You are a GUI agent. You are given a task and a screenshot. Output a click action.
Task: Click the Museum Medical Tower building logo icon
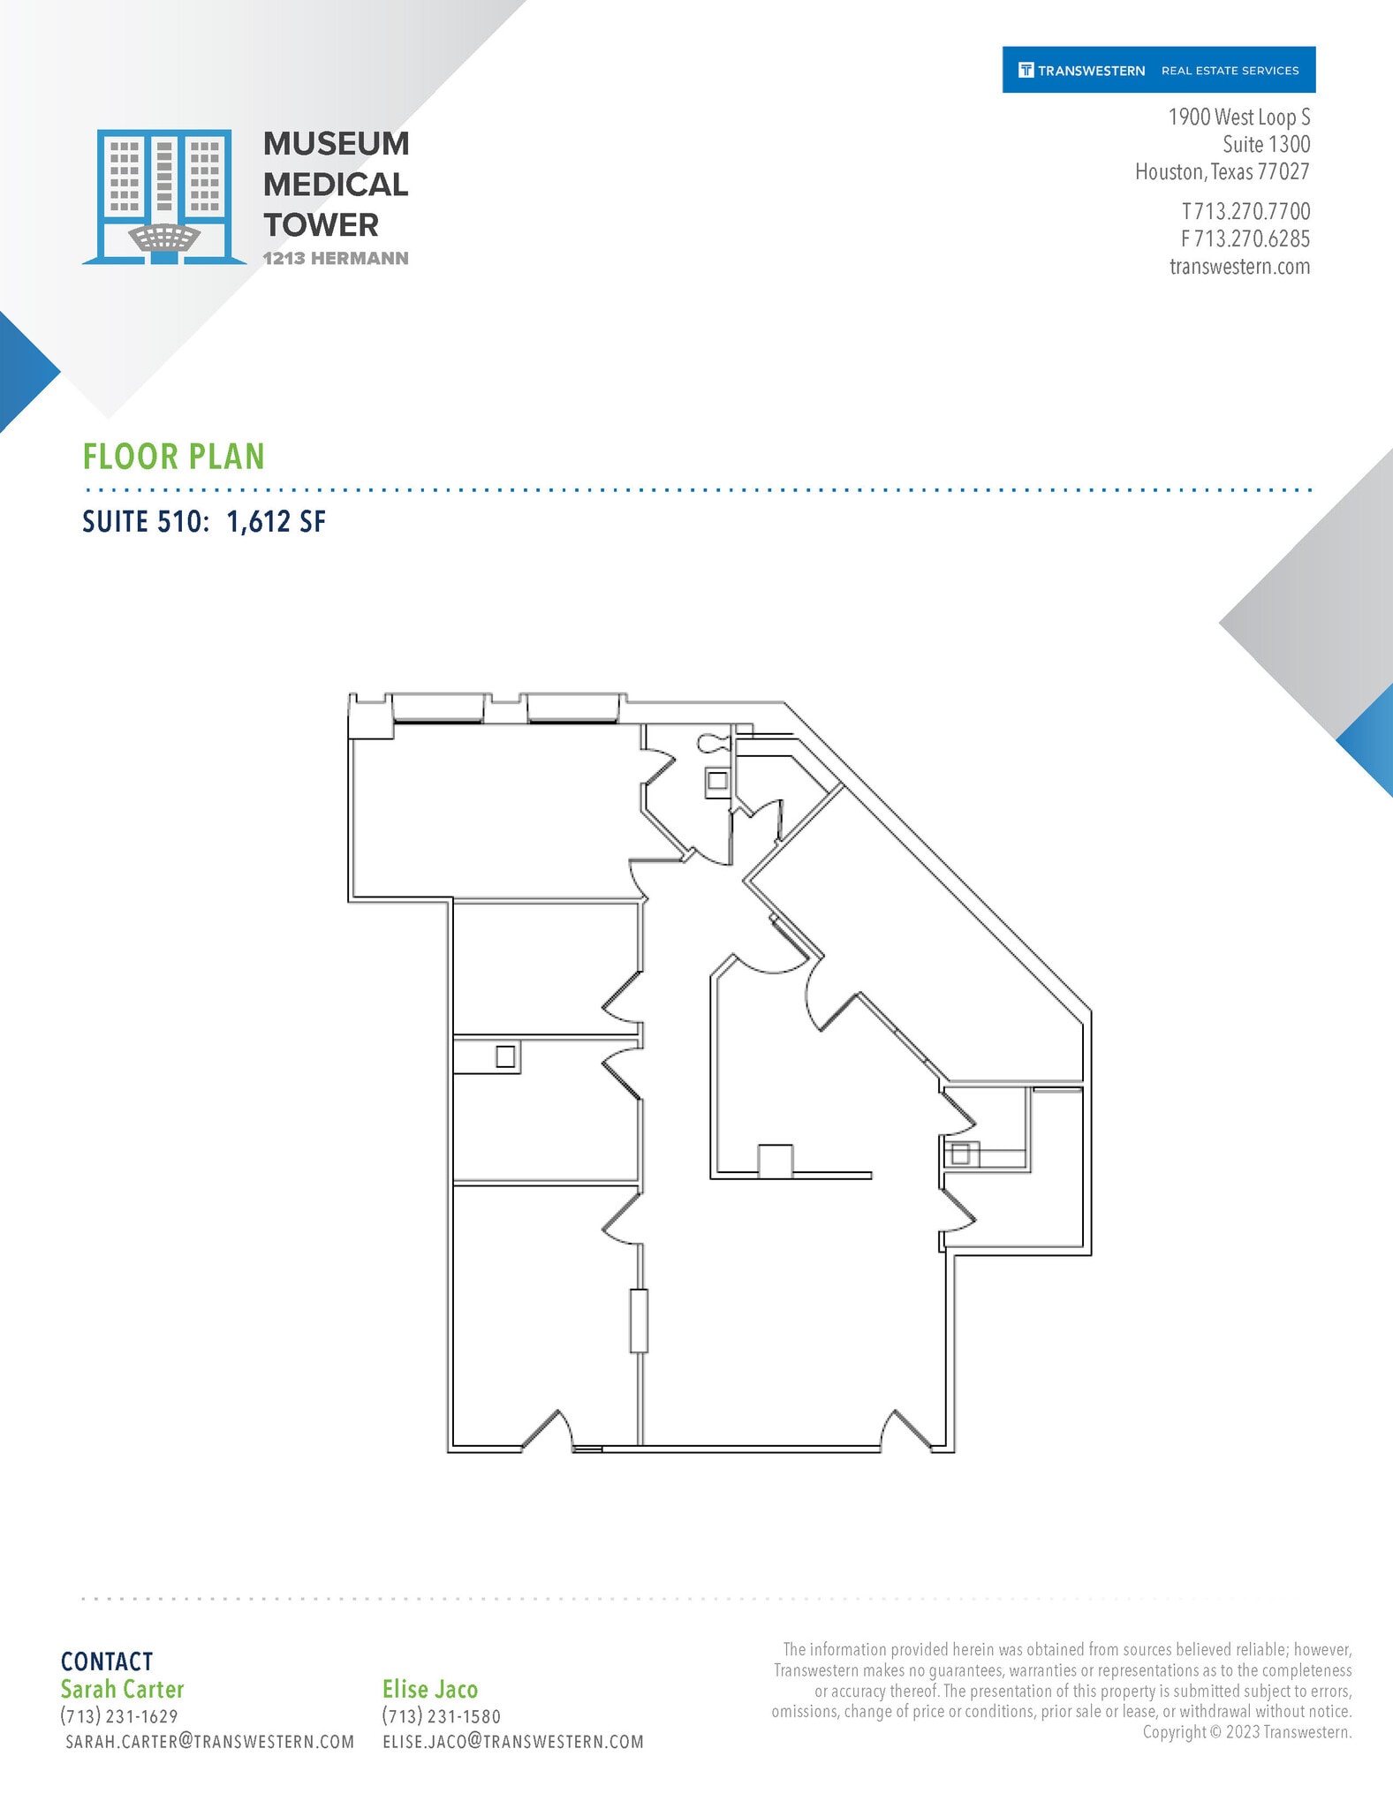pyautogui.click(x=163, y=196)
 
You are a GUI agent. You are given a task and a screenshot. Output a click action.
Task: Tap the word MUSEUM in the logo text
pyautogui.click(x=336, y=144)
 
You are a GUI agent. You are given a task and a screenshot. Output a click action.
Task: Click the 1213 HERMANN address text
pyautogui.click(x=335, y=259)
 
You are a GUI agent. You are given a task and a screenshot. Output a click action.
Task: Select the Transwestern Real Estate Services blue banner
pyautogui.click(x=1158, y=70)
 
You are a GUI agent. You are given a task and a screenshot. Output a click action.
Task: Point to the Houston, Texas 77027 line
pyautogui.click(x=1222, y=171)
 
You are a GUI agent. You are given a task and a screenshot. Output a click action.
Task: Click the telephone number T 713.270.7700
pyautogui.click(x=1245, y=212)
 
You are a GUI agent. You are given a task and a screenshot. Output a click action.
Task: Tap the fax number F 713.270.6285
pyautogui.click(x=1245, y=239)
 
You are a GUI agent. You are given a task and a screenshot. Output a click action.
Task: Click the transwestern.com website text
pyautogui.click(x=1239, y=267)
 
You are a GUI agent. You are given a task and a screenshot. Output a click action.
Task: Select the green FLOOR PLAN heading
pyautogui.click(x=174, y=457)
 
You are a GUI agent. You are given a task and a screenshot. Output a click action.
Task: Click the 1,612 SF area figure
pyautogui.click(x=276, y=522)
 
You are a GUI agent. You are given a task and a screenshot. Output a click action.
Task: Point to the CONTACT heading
pyautogui.click(x=107, y=1661)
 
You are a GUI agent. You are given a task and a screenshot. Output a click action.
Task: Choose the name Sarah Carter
pyautogui.click(x=122, y=1689)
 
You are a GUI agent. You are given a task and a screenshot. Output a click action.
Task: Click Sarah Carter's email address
pyautogui.click(x=210, y=1741)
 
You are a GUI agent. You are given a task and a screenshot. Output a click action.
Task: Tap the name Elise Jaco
pyautogui.click(x=430, y=1689)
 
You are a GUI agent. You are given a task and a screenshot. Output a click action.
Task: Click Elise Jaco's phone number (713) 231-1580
pyautogui.click(x=442, y=1715)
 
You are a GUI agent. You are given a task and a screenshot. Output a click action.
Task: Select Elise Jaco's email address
pyautogui.click(x=513, y=1741)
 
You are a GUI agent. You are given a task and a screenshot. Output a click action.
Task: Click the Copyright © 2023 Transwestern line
pyautogui.click(x=1246, y=1731)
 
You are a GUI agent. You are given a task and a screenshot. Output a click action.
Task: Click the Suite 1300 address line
pyautogui.click(x=1266, y=144)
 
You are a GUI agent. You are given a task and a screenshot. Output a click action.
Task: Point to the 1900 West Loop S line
pyautogui.click(x=1238, y=117)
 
